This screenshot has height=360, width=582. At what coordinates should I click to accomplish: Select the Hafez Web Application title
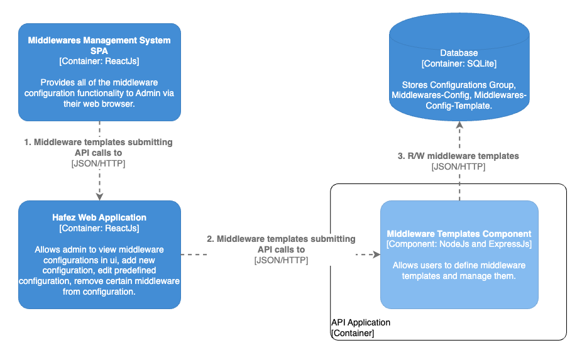coord(99,217)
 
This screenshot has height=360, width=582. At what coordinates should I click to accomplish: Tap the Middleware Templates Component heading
coord(459,234)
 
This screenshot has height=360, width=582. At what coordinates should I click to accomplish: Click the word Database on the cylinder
coord(459,53)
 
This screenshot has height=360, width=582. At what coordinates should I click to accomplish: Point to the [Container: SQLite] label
coord(459,64)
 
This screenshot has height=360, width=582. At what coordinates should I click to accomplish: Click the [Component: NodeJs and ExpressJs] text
coord(459,244)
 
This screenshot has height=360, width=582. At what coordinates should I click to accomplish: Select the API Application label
coord(361,322)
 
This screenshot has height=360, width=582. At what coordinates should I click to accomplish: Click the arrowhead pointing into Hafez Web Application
coord(99,196)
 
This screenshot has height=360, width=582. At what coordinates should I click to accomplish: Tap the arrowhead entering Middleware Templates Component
coord(376,254)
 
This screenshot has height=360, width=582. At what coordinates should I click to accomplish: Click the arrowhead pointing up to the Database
coord(459,124)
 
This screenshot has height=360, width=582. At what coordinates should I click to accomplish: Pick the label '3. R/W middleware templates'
coord(458,156)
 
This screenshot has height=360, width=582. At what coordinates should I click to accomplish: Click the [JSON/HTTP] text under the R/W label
coord(458,166)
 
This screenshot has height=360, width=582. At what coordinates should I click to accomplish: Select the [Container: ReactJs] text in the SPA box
coord(99,61)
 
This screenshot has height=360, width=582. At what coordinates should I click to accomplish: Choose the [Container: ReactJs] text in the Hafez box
coord(99,228)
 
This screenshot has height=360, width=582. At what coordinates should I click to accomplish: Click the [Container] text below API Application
coord(353,333)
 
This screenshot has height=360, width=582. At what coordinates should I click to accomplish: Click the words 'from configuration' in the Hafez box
coord(99,292)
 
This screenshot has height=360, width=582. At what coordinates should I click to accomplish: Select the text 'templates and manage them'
coord(459,276)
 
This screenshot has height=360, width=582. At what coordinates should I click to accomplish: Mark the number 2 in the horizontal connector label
coord(211,239)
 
